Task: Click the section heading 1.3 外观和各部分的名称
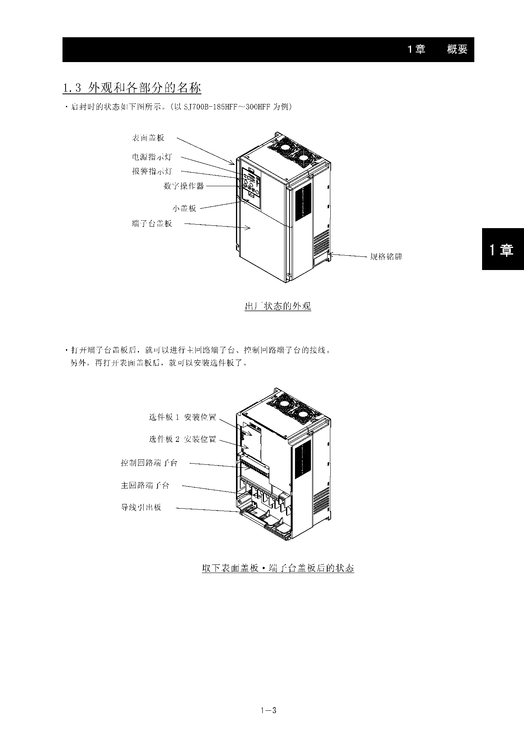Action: coord(132,88)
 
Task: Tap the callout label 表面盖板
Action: coord(148,138)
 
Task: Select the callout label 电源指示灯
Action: coord(152,157)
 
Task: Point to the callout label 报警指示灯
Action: coord(152,171)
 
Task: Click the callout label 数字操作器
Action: coord(184,186)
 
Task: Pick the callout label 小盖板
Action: coord(184,208)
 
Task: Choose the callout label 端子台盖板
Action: coord(152,224)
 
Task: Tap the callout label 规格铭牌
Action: coord(386,257)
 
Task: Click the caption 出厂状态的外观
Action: coord(278,306)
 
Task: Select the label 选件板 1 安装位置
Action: coord(183,417)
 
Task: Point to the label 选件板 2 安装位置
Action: coord(183,439)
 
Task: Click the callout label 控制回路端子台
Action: coord(149,463)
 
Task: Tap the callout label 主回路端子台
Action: coord(145,485)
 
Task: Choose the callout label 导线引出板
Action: coord(141,507)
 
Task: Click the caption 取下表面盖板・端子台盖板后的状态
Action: coord(278,568)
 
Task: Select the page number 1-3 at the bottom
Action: coord(268,711)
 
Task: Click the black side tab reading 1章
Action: coord(503,249)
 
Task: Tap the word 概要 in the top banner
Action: coord(457,49)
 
